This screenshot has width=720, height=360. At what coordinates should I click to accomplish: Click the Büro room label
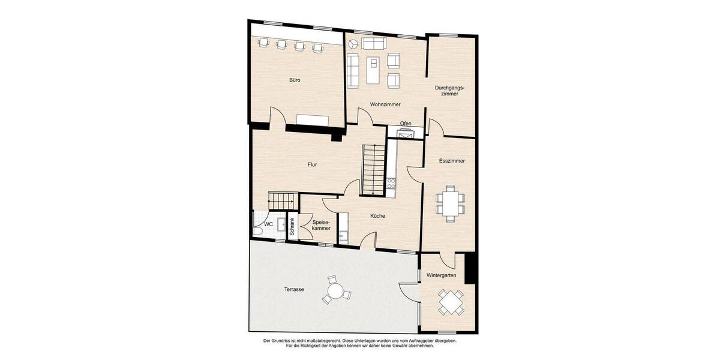[x=295, y=80]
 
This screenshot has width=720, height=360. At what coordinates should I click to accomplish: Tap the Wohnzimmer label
[x=385, y=104]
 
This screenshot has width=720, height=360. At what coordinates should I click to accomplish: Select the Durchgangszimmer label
[x=449, y=91]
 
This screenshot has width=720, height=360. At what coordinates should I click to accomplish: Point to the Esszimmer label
[x=452, y=161]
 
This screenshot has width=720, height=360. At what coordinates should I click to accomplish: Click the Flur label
[x=312, y=164]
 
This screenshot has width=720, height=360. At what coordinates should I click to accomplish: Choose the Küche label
[x=377, y=216]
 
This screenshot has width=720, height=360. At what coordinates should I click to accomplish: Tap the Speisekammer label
[x=321, y=225]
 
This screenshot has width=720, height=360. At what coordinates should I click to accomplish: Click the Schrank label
[x=293, y=226]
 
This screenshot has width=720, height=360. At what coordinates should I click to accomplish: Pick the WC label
[x=268, y=224]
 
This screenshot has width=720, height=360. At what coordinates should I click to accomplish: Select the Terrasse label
[x=294, y=289]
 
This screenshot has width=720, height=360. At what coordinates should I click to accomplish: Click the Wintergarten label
[x=441, y=276]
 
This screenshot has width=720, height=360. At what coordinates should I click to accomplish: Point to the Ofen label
[x=406, y=124]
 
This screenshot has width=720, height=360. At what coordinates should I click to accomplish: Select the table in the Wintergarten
[x=450, y=302]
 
